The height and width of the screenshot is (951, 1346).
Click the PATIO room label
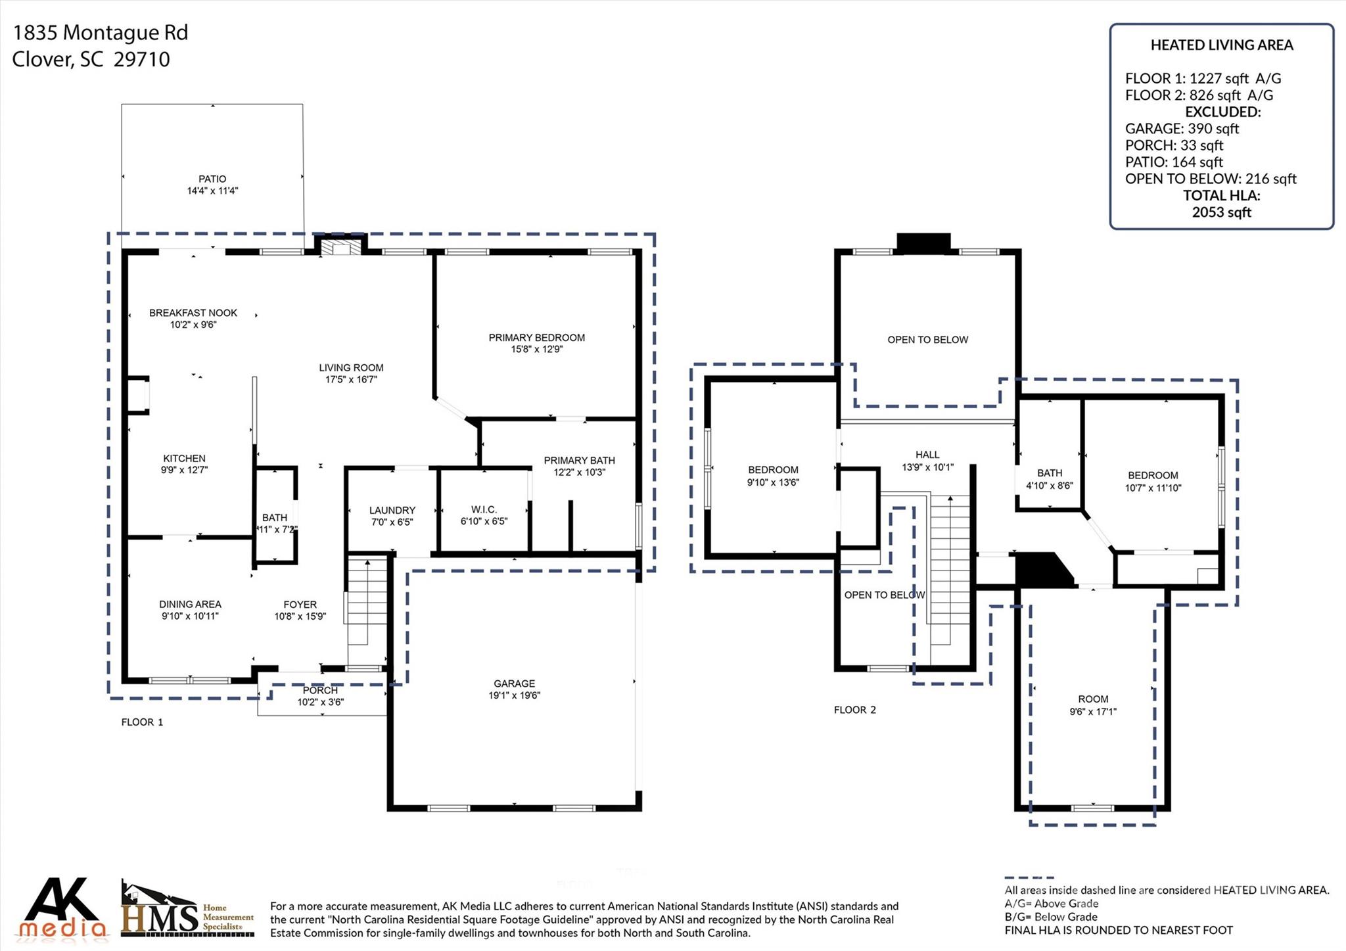pos(212,179)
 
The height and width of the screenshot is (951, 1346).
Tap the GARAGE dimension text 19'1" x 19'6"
pos(515,695)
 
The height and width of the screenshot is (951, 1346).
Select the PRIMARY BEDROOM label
pos(536,338)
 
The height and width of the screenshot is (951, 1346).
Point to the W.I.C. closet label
pos(484,510)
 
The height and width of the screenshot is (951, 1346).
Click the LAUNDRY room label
pos(392,510)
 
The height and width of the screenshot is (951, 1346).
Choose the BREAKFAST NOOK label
pos(193,313)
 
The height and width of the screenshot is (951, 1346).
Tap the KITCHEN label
pos(185,458)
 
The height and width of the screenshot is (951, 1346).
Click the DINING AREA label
pos(190,604)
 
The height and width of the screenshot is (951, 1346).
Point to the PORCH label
pos(320,690)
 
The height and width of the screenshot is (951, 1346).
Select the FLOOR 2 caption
pos(855,710)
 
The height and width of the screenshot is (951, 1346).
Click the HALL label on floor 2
pos(927,455)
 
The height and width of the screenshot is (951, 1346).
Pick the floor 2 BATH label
pos(1050,473)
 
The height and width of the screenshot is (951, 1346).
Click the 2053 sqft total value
pos(1222,212)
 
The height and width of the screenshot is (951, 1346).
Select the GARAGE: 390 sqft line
pos(1182,129)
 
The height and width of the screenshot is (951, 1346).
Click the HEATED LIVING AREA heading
pos(1222,45)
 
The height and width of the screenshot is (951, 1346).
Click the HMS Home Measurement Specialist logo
pos(188,908)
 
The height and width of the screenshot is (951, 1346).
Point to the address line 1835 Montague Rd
pos(101,33)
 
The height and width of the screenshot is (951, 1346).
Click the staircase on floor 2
pos(950,569)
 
